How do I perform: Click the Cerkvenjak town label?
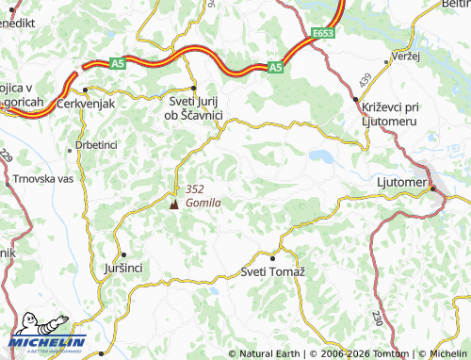tap(87, 103)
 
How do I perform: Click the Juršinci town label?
tap(121, 269)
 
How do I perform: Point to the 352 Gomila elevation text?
tap(203, 195)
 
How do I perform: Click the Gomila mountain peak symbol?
tap(172, 203)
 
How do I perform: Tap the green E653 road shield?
tap(322, 33)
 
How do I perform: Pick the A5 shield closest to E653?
tap(274, 68)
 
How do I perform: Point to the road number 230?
tap(378, 319)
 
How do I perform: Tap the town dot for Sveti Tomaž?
tap(273, 256)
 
